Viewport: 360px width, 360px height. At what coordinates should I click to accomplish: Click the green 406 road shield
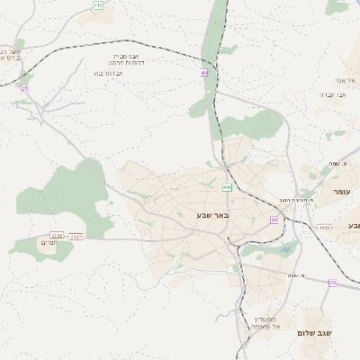(227, 188)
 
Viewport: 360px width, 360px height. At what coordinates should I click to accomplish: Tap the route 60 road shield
(274, 220)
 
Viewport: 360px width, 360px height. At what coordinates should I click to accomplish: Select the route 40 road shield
(204, 72)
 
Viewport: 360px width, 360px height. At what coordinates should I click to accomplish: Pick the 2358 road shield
(57, 236)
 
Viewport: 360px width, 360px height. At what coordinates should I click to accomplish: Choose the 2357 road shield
(76, 236)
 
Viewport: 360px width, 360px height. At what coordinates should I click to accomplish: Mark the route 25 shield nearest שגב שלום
(332, 283)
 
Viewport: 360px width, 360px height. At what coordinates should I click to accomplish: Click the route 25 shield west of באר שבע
(24, 89)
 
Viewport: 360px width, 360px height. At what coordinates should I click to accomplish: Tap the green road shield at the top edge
(97, 4)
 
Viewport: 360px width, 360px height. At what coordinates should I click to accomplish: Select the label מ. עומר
(330, 163)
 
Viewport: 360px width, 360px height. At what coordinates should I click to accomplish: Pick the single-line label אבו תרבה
(109, 73)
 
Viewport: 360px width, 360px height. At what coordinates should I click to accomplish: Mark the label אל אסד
(348, 80)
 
